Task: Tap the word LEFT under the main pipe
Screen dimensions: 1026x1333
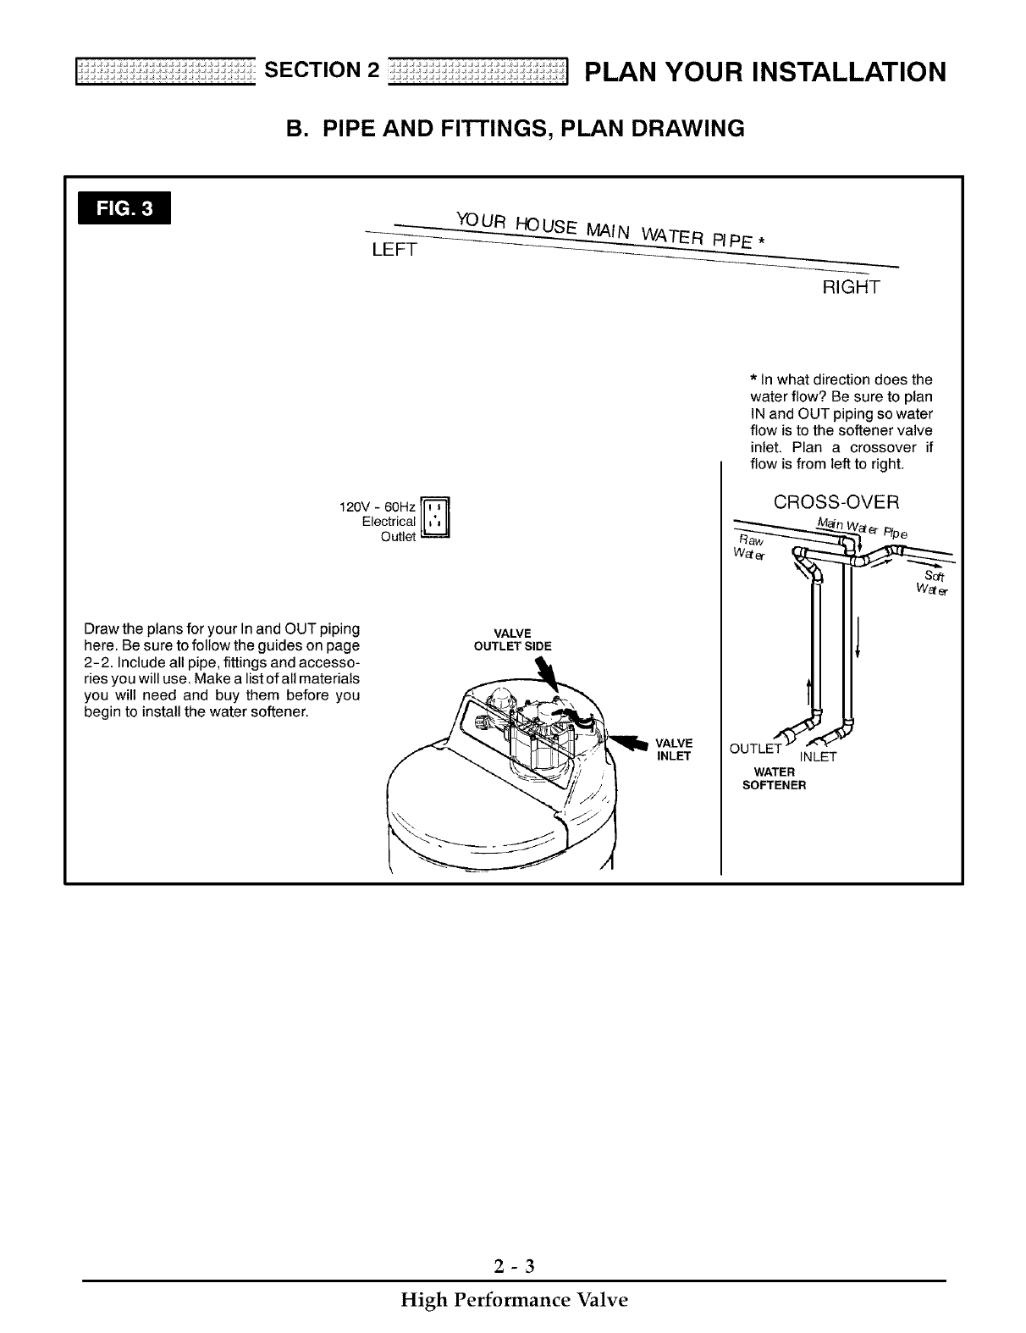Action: (x=394, y=251)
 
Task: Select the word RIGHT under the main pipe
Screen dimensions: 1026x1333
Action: (x=852, y=288)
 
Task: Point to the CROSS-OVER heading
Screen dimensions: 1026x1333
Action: (x=836, y=502)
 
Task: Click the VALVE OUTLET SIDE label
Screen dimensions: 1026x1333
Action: (x=512, y=639)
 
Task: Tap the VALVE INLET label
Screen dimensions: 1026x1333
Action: (x=675, y=749)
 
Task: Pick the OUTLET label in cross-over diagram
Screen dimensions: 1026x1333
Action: (x=754, y=749)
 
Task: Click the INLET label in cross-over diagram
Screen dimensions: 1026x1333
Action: (x=818, y=757)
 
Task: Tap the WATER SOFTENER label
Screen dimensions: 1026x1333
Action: (x=774, y=778)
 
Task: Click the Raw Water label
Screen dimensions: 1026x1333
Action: (x=750, y=547)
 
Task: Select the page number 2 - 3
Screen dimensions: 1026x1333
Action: (x=513, y=1267)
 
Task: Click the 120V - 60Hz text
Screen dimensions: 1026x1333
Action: (x=376, y=506)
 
